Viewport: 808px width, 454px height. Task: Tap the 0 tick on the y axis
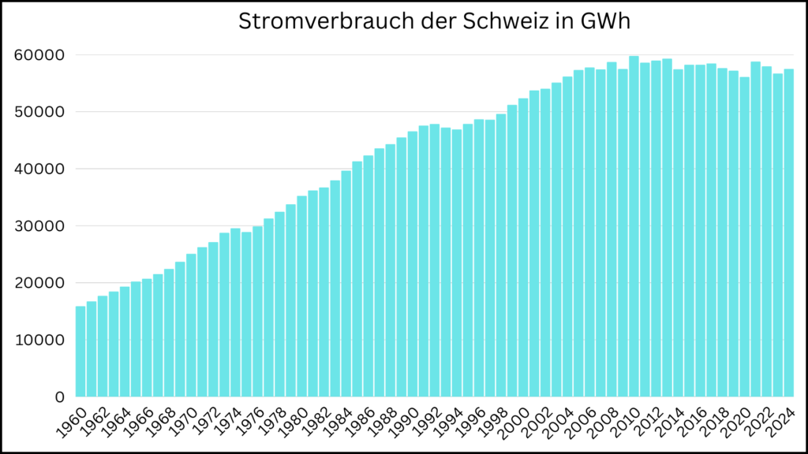tap(58, 397)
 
